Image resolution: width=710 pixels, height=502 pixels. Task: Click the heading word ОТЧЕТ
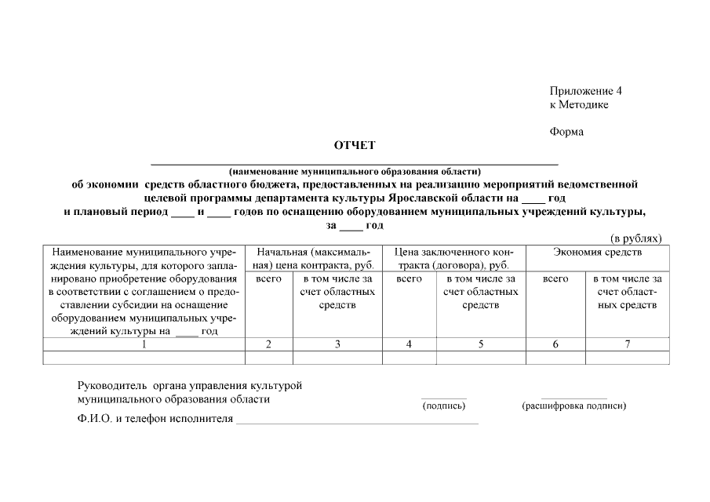pos(355,145)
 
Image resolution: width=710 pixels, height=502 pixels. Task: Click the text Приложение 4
pos(585,91)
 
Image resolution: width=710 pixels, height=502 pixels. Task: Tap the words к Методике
pos(579,104)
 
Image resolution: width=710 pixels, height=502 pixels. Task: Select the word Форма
pos(566,132)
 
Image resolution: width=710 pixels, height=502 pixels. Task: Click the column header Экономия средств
pos(597,253)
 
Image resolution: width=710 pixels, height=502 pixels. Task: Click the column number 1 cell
pos(144,344)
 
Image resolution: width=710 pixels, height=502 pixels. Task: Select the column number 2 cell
pos(268,344)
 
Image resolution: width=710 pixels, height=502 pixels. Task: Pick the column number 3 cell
pos(337,344)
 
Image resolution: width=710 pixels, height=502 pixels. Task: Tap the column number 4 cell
pos(409,344)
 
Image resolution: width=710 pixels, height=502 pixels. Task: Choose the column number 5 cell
pos(480,344)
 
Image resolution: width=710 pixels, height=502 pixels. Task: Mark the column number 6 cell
pos(555,344)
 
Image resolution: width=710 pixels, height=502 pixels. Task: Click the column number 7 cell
pos(627,344)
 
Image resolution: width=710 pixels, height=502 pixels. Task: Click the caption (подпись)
pos(443,406)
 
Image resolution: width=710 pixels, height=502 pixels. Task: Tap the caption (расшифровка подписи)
pos(573,406)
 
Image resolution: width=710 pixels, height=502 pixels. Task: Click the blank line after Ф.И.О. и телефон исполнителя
pos(357,422)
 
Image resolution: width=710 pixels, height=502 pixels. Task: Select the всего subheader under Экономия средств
pos(555,278)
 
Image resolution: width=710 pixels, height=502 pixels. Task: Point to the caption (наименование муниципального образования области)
pos(354,171)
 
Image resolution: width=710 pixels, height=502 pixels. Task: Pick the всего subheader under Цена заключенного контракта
pos(409,278)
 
